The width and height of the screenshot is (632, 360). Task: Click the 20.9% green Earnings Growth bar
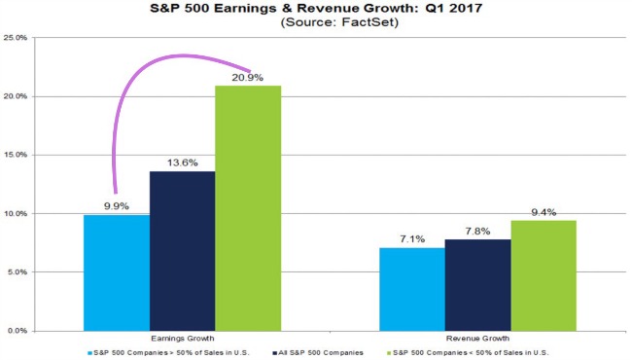[x=248, y=208]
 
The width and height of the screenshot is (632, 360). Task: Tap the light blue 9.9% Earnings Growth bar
[x=117, y=272]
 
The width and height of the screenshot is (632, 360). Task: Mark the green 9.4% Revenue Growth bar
[x=544, y=275]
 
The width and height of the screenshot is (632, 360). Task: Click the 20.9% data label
[x=248, y=77]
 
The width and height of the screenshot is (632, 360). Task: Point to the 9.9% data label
[x=117, y=205]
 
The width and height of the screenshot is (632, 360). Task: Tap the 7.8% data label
[x=478, y=231]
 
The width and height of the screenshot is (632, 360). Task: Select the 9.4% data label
[x=544, y=211]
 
